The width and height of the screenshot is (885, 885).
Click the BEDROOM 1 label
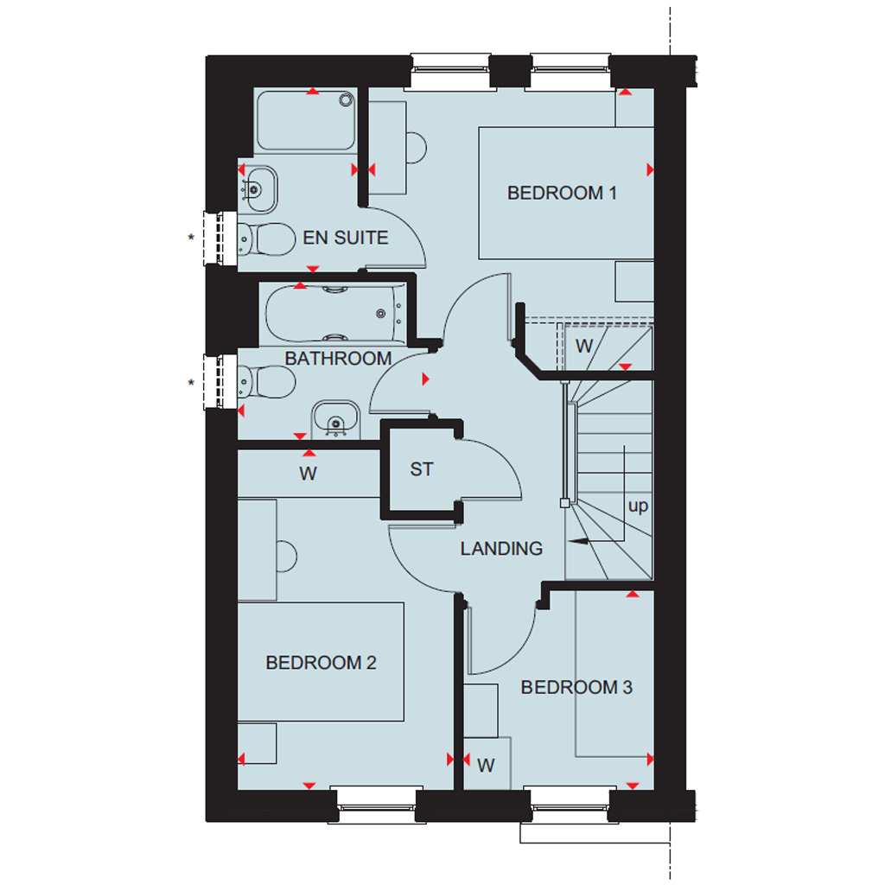(562, 193)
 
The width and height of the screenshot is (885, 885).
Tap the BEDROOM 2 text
(321, 663)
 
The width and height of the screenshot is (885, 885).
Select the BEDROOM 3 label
(576, 687)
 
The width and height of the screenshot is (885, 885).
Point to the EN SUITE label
(346, 238)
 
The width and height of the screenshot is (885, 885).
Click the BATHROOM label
(338, 359)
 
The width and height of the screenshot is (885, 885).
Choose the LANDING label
(501, 549)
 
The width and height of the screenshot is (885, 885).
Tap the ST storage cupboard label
(422, 469)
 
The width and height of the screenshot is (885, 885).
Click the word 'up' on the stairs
(639, 506)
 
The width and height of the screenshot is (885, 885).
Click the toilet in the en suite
(266, 239)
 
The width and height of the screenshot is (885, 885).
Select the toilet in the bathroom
(266, 382)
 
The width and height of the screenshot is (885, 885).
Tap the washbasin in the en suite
(258, 189)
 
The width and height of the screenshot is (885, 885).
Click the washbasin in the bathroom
(336, 419)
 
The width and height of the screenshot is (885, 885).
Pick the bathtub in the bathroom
(335, 314)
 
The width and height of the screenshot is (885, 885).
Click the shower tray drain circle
(346, 100)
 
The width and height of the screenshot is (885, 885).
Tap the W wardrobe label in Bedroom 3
(486, 766)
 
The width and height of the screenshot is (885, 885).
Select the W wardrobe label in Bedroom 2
(308, 474)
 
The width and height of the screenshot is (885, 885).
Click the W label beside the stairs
(584, 346)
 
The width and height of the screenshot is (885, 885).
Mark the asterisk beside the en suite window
(191, 238)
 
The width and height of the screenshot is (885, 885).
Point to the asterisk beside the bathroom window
(191, 383)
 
